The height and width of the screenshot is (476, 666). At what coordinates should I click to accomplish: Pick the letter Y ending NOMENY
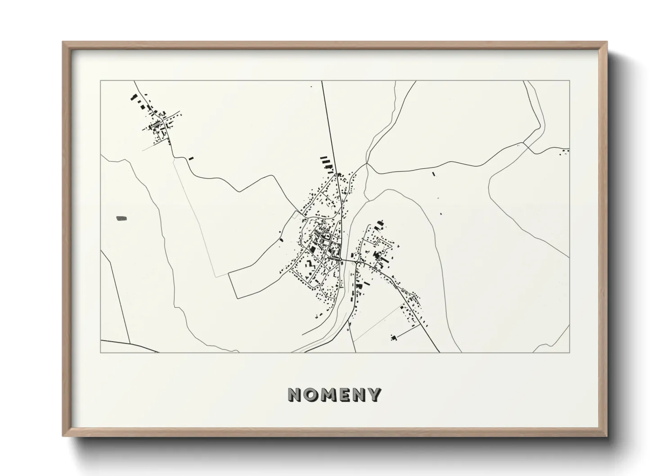coord(374,395)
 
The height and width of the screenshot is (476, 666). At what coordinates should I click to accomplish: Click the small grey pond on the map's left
coord(121,219)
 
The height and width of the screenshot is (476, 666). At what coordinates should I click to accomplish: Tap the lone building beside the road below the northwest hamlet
coord(191,158)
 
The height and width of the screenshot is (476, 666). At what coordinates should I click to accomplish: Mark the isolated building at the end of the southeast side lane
coord(394,337)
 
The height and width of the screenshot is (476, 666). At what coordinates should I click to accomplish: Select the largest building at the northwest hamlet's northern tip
coord(133,97)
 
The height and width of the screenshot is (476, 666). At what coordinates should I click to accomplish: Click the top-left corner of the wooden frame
coord(63,42)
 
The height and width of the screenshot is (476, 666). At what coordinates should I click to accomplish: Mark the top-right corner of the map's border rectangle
coord(569,81)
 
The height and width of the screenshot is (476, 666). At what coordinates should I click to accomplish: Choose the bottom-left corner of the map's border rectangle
coord(100,352)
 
